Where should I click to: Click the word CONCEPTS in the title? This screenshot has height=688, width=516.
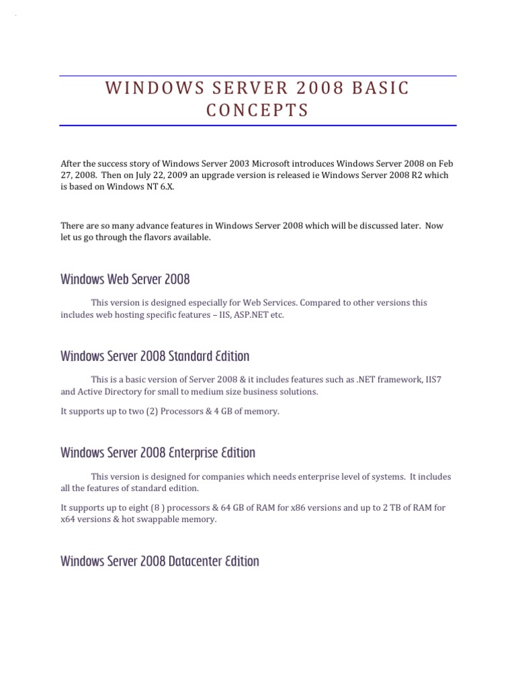pyautogui.click(x=257, y=111)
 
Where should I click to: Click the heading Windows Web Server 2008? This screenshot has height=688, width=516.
pyautogui.click(x=125, y=278)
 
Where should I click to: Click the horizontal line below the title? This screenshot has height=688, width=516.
pyautogui.click(x=257, y=126)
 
